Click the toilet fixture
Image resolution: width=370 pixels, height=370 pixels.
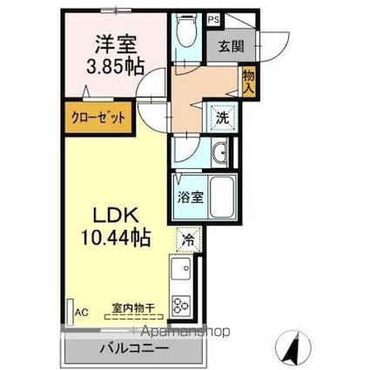point(186,35)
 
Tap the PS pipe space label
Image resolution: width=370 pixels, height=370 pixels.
point(213,18)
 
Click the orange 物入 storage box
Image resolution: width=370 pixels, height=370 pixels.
point(248,81)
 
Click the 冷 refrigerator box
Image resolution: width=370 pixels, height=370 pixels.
point(188,237)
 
